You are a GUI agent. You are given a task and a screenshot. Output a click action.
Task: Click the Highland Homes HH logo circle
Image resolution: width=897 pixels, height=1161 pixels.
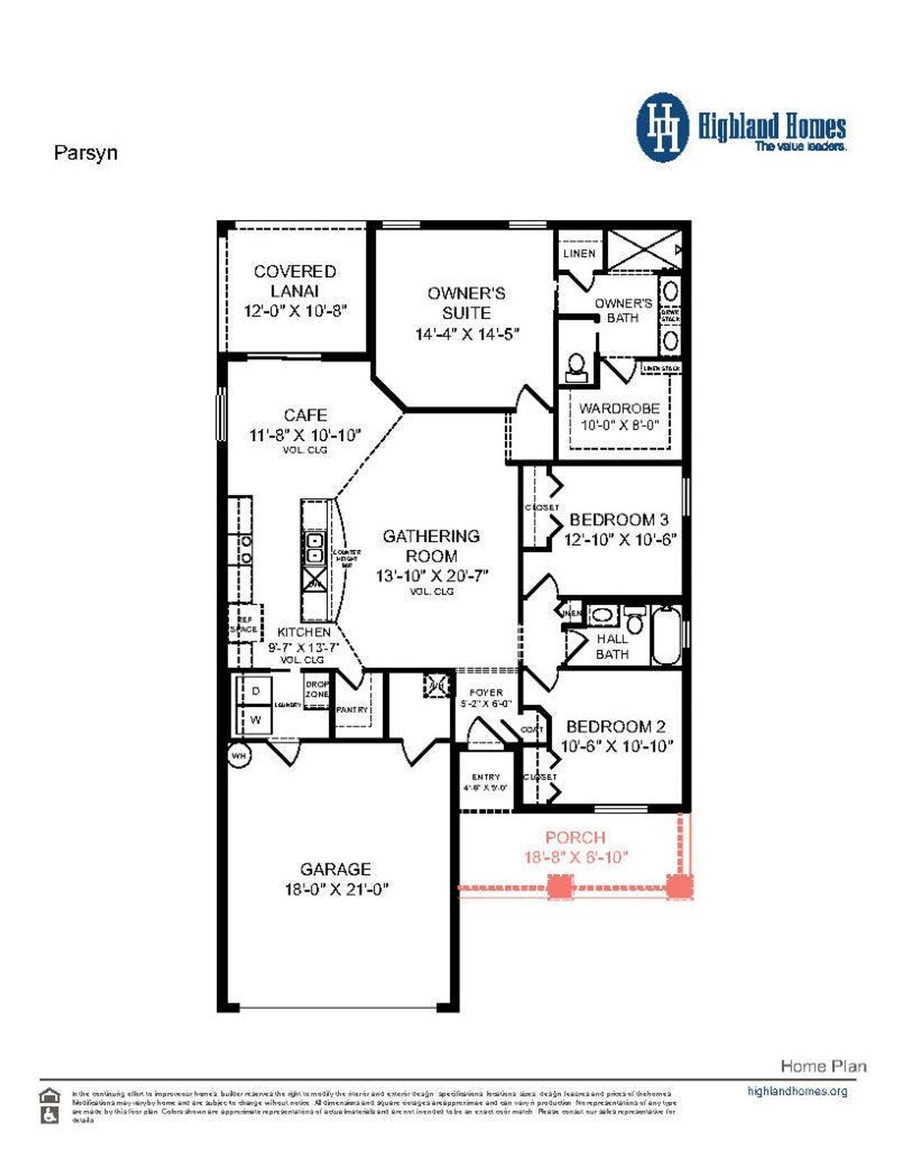(x=662, y=128)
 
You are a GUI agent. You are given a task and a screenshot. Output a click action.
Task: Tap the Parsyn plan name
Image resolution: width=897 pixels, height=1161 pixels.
(x=85, y=153)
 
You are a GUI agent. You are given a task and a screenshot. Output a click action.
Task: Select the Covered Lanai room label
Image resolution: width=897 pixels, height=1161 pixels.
(x=295, y=280)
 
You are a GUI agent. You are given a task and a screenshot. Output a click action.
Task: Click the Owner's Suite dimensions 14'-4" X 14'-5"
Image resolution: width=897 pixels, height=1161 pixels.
(x=467, y=334)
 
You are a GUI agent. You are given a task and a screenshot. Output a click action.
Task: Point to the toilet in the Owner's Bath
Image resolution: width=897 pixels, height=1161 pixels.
(x=576, y=366)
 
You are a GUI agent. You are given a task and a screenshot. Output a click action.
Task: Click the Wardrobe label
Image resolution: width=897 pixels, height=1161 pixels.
(x=619, y=408)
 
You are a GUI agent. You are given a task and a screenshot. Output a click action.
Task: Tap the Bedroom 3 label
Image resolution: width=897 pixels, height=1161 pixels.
(x=619, y=520)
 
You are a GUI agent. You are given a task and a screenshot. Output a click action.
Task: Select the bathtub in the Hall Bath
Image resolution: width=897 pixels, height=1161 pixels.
(x=666, y=635)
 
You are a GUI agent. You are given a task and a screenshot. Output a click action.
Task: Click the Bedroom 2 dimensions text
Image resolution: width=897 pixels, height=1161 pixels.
(x=617, y=747)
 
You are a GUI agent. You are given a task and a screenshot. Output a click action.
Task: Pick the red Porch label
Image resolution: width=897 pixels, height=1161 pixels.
(x=575, y=837)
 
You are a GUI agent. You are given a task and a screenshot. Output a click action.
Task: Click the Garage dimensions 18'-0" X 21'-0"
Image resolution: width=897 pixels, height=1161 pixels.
(x=336, y=890)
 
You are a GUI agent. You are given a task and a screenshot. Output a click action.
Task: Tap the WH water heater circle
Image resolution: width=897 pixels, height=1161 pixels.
(x=239, y=756)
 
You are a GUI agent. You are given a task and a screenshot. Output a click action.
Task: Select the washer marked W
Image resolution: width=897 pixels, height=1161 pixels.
(x=256, y=720)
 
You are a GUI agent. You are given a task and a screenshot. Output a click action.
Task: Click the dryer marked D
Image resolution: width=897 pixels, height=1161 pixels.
(x=256, y=691)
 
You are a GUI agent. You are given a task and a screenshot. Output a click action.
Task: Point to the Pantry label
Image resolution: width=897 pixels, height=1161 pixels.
(x=352, y=709)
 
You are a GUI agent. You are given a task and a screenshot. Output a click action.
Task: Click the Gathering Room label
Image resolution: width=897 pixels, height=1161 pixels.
(x=432, y=545)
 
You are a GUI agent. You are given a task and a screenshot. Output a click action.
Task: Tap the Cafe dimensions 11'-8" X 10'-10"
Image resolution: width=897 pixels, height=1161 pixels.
(x=306, y=435)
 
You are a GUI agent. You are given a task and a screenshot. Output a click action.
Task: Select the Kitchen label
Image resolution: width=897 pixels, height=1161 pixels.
(x=303, y=632)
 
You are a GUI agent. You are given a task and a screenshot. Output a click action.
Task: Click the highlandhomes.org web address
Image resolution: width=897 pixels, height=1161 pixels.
(x=797, y=1091)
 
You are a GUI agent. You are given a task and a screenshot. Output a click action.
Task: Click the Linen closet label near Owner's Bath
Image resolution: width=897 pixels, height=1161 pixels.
(x=580, y=253)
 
